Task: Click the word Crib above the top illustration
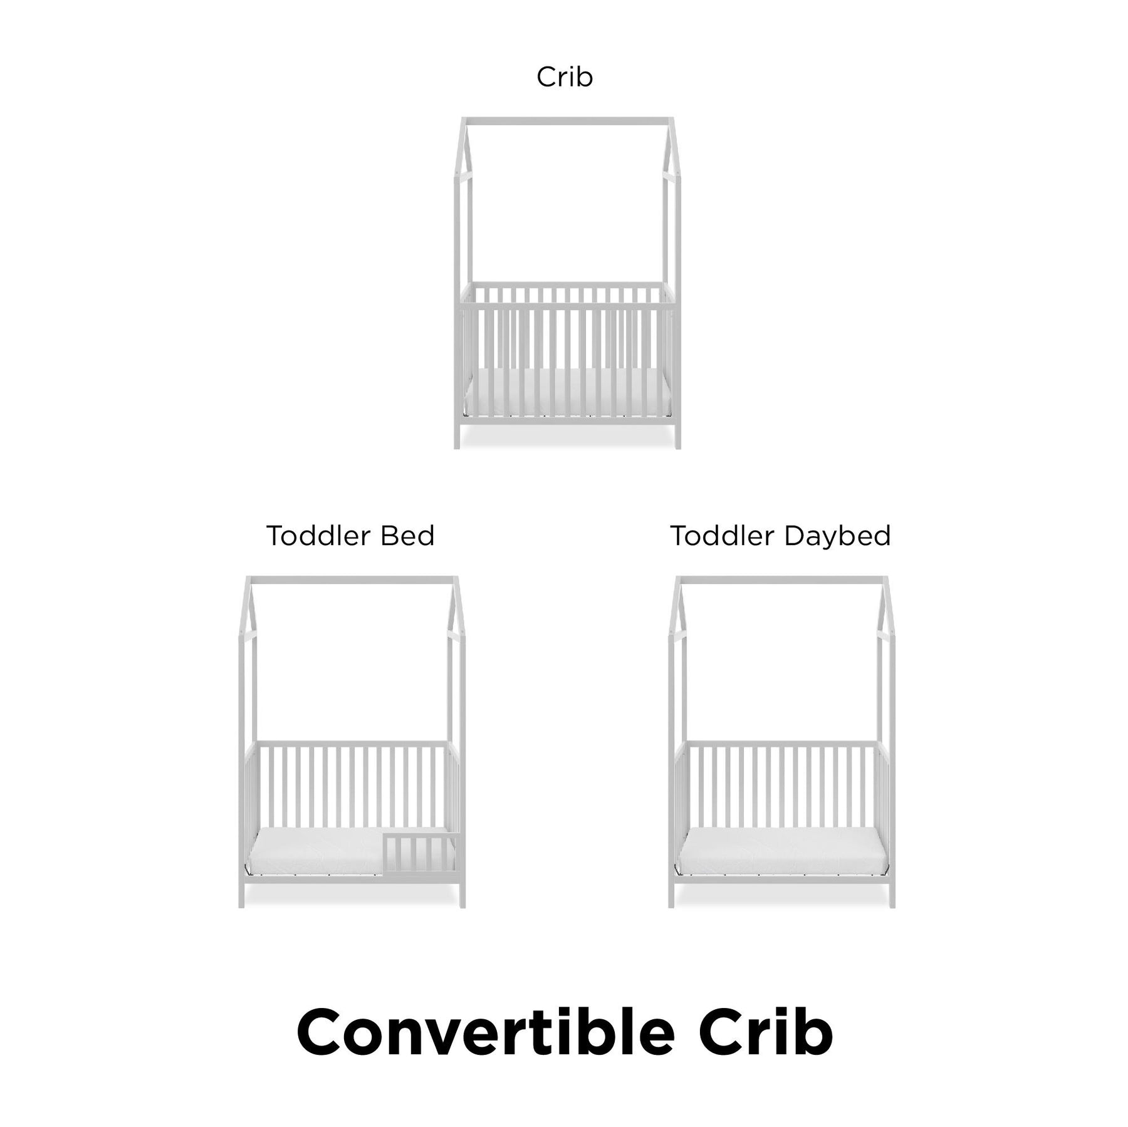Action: tap(565, 77)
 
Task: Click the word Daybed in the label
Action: tap(837, 536)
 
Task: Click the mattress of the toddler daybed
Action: tap(782, 849)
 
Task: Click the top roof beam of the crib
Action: tap(568, 120)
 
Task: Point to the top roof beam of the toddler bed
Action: tap(352, 580)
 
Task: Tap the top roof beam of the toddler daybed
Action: tap(782, 580)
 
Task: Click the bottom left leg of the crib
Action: tap(457, 435)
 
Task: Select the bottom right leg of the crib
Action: tap(677, 435)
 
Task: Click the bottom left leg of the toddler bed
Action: tap(242, 894)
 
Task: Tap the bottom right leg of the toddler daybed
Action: tap(892, 894)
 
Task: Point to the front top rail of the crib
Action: tap(568, 306)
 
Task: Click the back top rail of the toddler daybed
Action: tap(782, 744)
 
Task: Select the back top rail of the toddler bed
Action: tap(352, 744)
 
